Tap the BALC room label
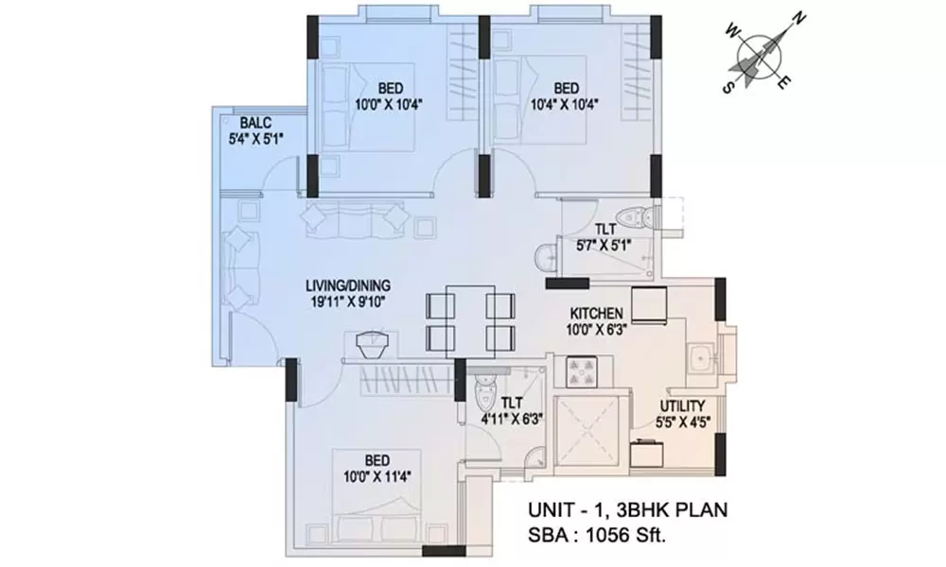[256, 123]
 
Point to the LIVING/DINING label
[348, 284]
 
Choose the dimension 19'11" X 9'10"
[348, 302]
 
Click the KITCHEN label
[595, 313]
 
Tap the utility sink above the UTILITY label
[701, 359]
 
